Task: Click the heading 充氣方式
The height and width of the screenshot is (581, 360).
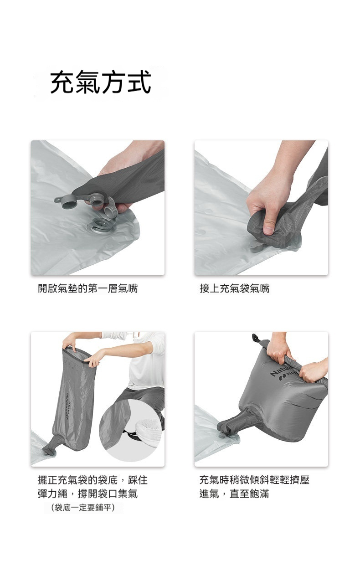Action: (x=101, y=82)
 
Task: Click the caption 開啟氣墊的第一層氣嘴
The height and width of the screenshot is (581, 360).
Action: (x=87, y=288)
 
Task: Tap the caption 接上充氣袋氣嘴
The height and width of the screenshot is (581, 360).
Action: (x=235, y=288)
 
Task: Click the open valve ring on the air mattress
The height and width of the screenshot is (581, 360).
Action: (x=100, y=226)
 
